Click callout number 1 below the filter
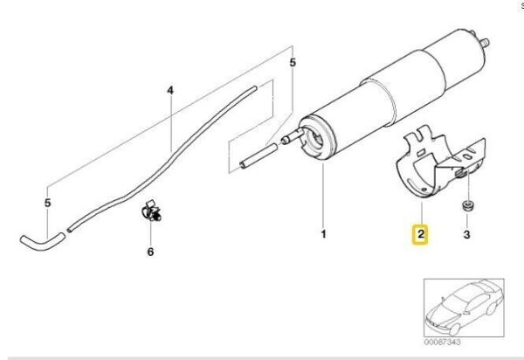point(323,234)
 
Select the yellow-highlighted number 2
point(421,233)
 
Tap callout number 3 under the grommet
point(467,234)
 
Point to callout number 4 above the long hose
point(170,90)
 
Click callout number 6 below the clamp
point(150,252)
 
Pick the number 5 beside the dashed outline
point(293,63)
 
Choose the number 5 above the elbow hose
point(48,203)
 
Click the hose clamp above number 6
point(151,211)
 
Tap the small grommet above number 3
point(467,206)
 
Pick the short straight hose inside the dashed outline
point(259,155)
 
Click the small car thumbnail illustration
point(464,308)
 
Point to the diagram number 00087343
point(442,342)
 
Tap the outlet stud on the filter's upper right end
point(484,43)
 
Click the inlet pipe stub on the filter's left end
point(293,136)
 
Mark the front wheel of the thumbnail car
point(454,329)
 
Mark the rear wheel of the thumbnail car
point(491,309)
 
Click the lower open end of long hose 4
point(70,230)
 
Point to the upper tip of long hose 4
point(255,88)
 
